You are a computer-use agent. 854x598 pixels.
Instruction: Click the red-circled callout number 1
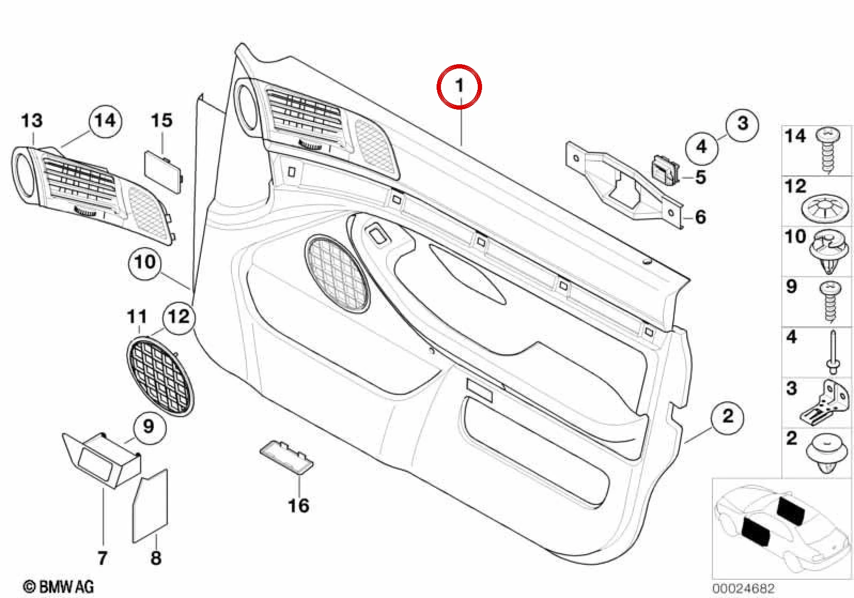(x=459, y=87)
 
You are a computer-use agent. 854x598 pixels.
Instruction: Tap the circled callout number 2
(x=727, y=416)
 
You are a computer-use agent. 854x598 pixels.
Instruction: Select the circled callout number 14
(x=105, y=120)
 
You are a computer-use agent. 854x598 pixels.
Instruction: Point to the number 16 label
(x=299, y=505)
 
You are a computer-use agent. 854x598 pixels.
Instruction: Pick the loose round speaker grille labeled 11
(x=160, y=376)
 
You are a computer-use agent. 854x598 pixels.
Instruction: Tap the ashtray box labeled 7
(x=102, y=461)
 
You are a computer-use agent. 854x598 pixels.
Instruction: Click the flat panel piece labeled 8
(x=150, y=505)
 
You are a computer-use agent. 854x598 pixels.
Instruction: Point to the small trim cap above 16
(x=286, y=457)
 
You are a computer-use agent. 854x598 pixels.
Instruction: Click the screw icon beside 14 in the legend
(x=828, y=150)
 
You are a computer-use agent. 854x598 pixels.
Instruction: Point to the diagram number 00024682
(x=743, y=588)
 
